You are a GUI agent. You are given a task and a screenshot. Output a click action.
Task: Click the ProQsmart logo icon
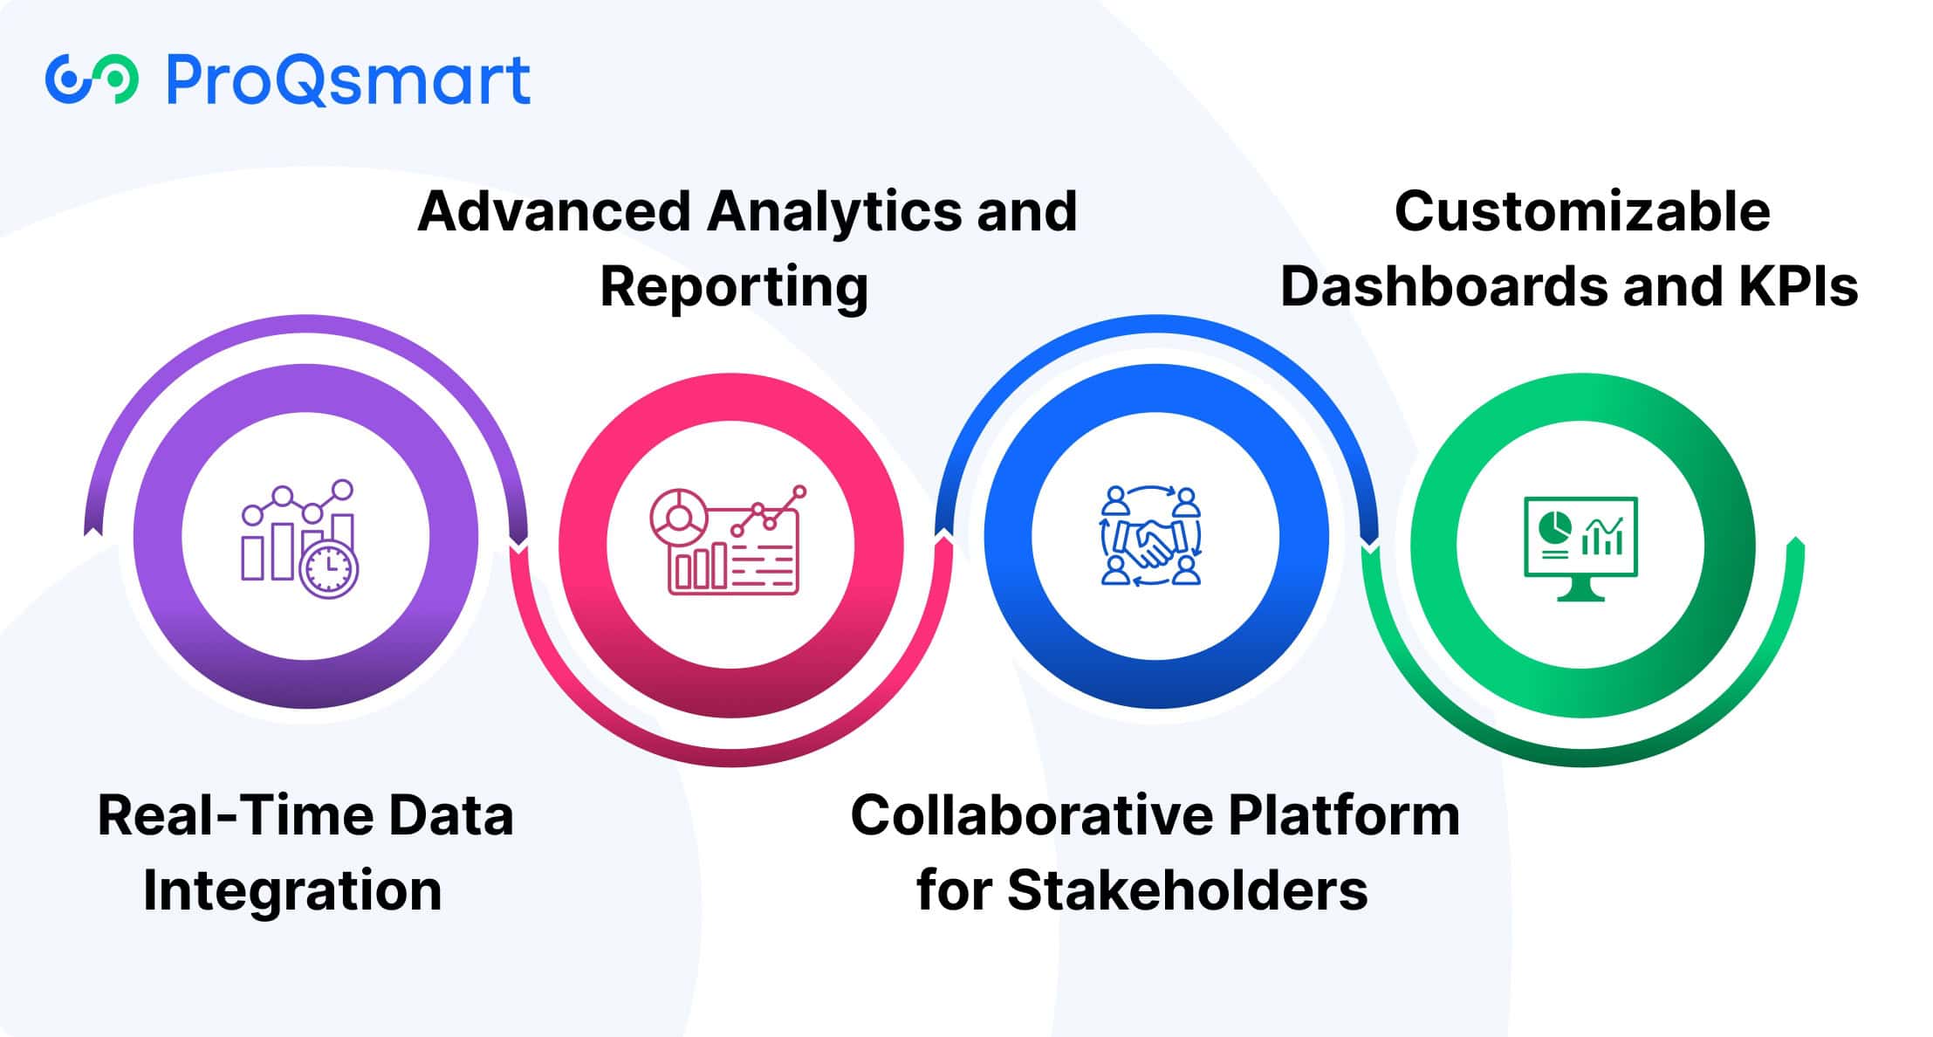click(92, 79)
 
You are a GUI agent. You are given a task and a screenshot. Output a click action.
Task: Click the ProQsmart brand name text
click(348, 80)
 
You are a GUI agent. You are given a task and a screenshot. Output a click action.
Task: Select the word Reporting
click(734, 286)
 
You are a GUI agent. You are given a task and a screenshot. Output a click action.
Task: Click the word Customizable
click(1582, 211)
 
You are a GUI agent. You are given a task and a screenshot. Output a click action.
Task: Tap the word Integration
click(292, 890)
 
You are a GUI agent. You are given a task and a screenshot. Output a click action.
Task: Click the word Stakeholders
click(1187, 890)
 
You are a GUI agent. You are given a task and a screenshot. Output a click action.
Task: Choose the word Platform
click(1344, 815)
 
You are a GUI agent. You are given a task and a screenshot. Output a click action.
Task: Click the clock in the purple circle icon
click(328, 569)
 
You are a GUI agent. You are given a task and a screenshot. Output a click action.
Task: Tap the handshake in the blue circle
click(1149, 541)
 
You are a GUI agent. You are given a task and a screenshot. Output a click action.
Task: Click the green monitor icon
click(1580, 548)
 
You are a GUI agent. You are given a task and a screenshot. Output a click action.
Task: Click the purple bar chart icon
click(298, 539)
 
